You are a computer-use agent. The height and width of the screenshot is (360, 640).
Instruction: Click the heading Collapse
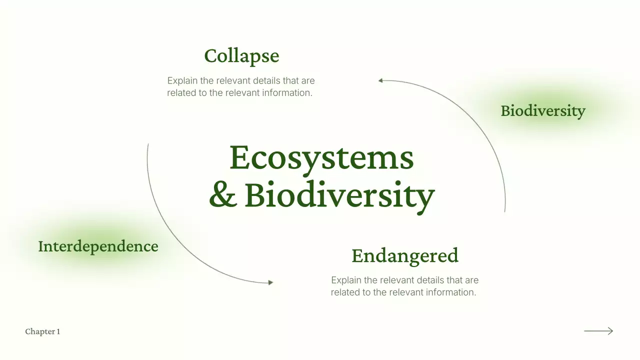point(241,56)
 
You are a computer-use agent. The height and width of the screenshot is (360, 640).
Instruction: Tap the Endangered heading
point(404,255)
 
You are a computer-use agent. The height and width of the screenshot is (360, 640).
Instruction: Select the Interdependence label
point(98,246)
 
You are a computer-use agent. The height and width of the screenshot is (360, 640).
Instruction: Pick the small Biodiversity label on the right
point(542,110)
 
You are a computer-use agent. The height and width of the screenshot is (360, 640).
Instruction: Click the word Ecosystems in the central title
point(321,157)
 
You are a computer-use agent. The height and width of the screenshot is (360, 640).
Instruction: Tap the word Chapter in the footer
point(39,331)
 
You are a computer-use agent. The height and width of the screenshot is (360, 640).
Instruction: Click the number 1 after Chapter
point(58,331)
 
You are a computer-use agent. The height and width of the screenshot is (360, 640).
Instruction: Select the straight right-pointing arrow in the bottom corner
point(598,330)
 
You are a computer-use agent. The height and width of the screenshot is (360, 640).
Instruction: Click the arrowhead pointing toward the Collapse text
point(380,80)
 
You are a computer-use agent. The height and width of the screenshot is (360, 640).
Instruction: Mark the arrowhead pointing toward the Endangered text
point(270,282)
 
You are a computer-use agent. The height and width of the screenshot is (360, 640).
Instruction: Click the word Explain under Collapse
point(182,80)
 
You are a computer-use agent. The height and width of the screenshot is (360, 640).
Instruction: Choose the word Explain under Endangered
point(346,280)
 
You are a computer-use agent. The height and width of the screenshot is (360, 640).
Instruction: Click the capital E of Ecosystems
point(239,157)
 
